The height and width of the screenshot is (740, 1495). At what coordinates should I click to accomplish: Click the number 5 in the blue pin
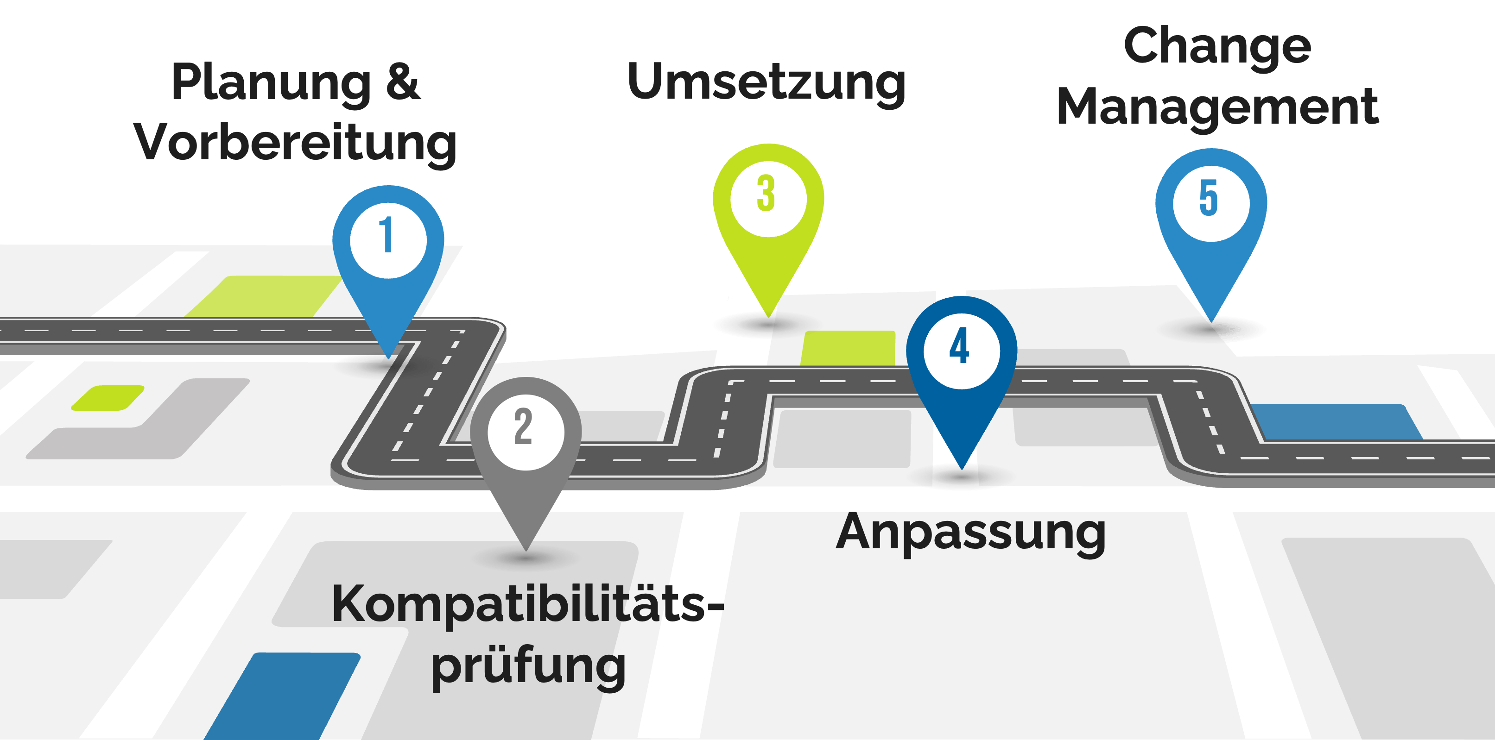(1209, 198)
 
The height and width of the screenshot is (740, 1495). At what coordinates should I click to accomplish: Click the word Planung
(271, 84)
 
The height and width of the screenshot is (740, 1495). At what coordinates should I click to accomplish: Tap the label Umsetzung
(766, 83)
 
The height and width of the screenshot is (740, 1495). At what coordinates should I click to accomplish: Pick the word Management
(1217, 108)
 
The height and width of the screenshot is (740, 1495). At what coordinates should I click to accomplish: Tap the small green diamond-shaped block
(108, 398)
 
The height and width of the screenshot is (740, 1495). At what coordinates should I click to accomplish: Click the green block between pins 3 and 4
(849, 348)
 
